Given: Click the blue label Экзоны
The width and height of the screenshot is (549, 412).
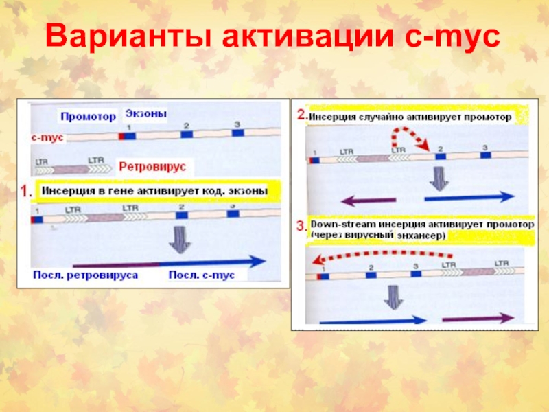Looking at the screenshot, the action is click(x=146, y=113).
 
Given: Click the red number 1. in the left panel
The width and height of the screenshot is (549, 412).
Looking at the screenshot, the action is click(x=25, y=193).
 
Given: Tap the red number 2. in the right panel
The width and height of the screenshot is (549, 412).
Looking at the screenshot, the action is click(x=301, y=115).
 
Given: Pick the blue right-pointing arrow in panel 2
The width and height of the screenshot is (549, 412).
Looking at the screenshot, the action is click(x=469, y=197).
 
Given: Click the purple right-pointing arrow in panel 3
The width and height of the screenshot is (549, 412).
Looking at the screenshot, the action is click(x=479, y=319).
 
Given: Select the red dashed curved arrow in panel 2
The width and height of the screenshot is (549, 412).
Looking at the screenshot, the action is click(x=411, y=135).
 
